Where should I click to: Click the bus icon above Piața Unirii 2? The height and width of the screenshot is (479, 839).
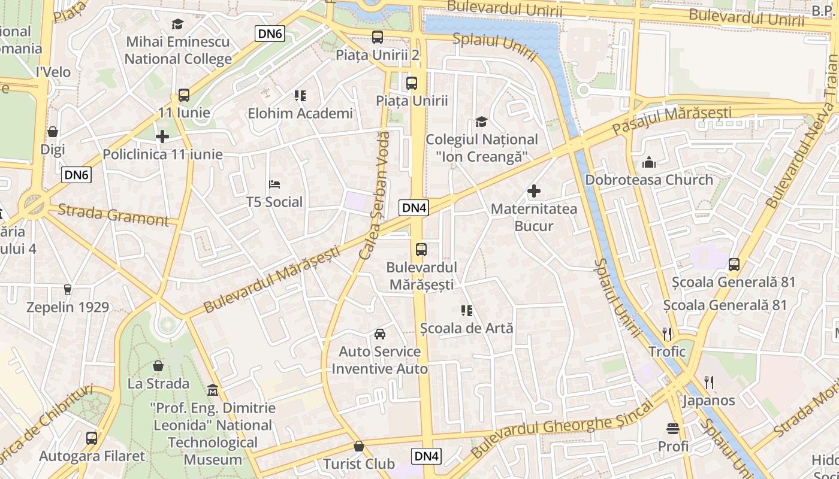pos(378,37)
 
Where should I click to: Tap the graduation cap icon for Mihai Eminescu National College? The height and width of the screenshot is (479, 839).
pos(177,24)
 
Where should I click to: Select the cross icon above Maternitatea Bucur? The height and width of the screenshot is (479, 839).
pos(533,192)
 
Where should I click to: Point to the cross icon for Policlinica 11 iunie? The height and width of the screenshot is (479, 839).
pos(162,137)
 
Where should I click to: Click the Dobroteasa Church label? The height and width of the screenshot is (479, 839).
pos(649,180)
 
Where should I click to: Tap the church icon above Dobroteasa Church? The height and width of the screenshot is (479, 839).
pos(649,162)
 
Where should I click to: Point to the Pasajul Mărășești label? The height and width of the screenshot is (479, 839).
pos(671,120)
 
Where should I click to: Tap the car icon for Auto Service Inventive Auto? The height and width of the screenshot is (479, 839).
pos(379,334)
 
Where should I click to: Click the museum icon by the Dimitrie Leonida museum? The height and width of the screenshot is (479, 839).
pos(212,390)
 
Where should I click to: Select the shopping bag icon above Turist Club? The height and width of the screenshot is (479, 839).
pos(358,446)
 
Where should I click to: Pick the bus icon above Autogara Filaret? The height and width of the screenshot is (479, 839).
pos(92,438)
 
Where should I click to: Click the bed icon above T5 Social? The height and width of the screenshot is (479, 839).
pos(274,184)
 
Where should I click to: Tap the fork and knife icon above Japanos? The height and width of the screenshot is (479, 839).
pos(708,382)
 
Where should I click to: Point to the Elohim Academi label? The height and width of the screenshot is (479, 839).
pos(300,113)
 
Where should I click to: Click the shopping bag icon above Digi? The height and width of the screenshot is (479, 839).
pos(53,132)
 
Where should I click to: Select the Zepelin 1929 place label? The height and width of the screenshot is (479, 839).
pos(68,307)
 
